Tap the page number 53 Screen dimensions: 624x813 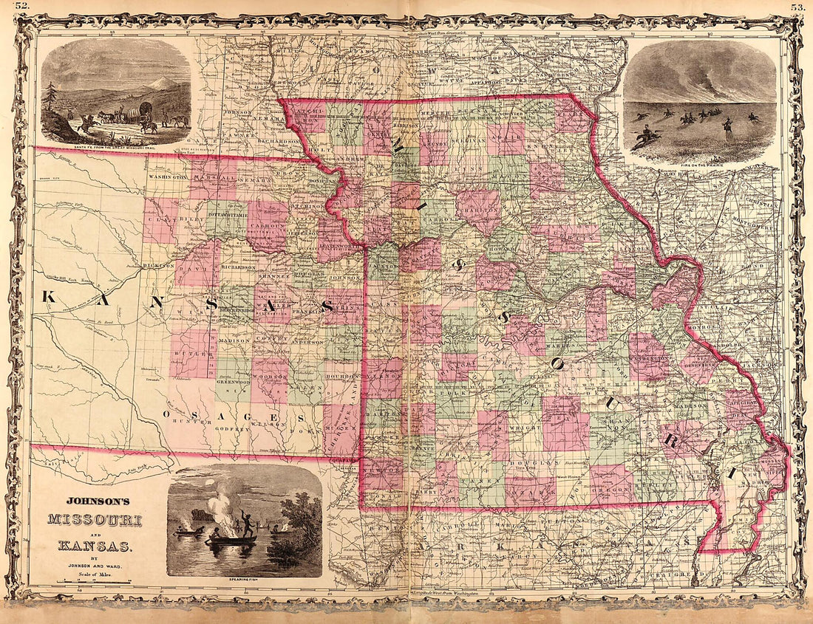797,7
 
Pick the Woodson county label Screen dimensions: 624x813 271,377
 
